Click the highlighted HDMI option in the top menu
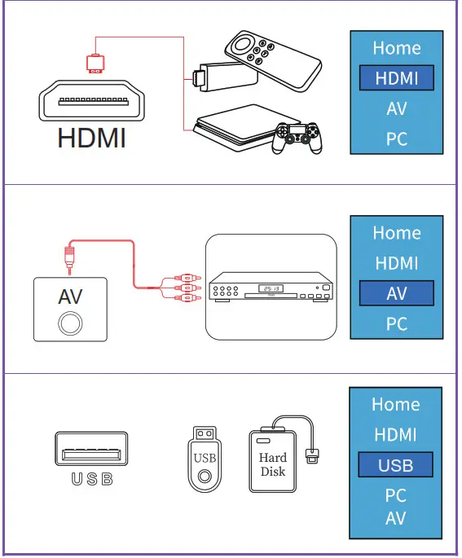coord(396,78)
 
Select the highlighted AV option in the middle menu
coord(396,293)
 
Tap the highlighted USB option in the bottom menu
coord(396,466)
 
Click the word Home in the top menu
coord(396,48)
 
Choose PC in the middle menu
coord(396,324)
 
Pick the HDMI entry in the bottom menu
coord(396,435)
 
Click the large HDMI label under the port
coord(91,138)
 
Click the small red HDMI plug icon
coord(95,63)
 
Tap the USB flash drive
coord(204,461)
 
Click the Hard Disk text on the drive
coord(273,464)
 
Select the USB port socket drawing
coord(91,450)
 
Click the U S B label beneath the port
coord(91,479)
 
